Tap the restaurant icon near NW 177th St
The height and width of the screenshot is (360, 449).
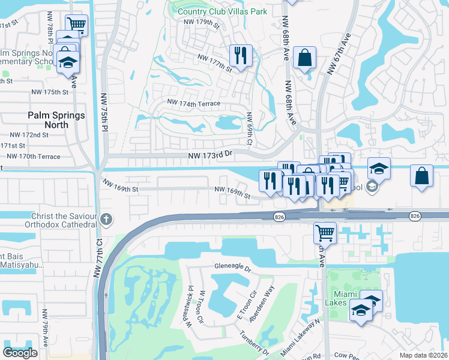tap(241, 56)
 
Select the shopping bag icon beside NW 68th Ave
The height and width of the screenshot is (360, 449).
tap(305, 58)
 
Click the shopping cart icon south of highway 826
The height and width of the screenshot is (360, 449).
tap(325, 232)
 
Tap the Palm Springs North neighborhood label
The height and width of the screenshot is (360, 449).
tap(56, 120)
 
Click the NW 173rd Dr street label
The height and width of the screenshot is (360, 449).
tap(209, 155)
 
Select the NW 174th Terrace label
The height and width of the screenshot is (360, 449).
tap(194, 104)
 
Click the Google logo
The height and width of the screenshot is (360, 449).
tap(20, 353)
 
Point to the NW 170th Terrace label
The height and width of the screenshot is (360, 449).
tap(33, 157)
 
